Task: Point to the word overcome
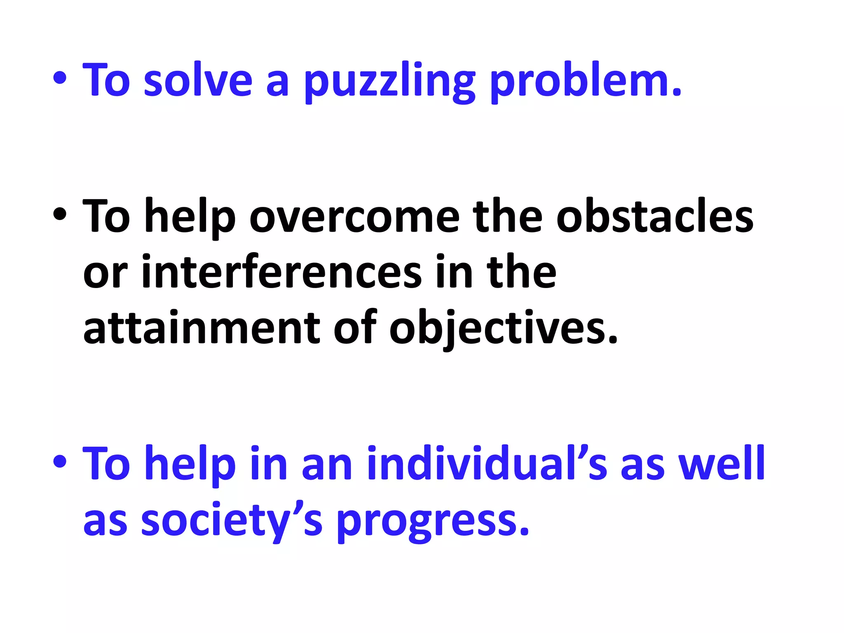pos(354,216)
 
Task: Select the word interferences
pos(282,272)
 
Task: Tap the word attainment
pos(202,328)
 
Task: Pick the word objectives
pos(503,328)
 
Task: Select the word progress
pos(433,521)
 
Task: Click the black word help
pos(190,216)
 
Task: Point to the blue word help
pos(190,464)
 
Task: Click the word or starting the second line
pos(105,274)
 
